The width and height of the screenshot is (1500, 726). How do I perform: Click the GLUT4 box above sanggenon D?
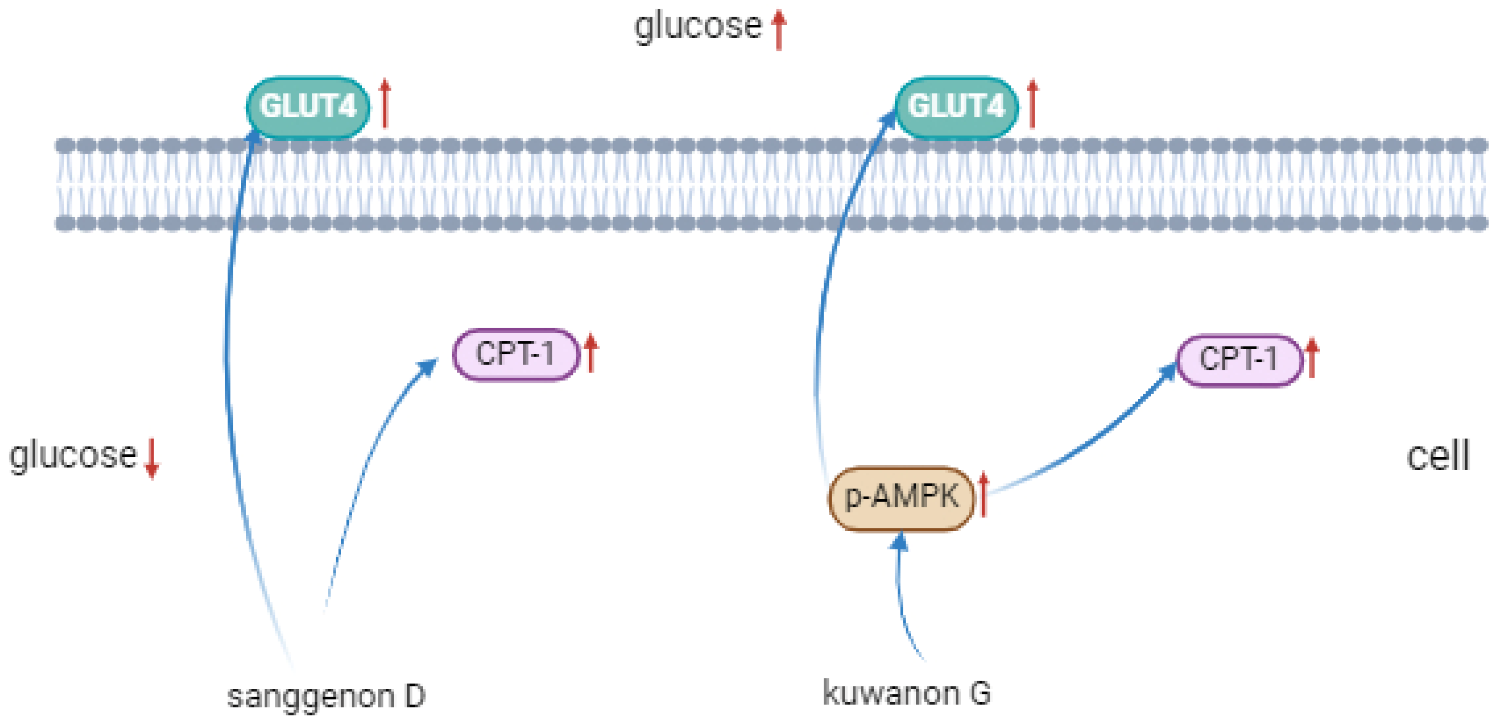tap(308, 107)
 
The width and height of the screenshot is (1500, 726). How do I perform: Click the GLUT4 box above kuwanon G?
tap(956, 107)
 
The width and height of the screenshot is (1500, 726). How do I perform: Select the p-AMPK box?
tap(901, 498)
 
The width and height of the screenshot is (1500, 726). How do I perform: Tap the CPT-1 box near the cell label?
tap(1239, 359)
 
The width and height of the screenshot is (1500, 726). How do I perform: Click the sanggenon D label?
tap(326, 696)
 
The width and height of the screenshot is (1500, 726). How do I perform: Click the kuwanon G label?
tap(907, 693)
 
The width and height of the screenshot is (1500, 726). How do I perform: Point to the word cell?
tap(1438, 456)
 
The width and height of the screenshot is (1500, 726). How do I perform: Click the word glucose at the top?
tap(697, 27)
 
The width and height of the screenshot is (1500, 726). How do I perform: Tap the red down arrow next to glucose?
tap(152, 458)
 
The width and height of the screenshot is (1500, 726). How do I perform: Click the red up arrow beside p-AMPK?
tap(984, 495)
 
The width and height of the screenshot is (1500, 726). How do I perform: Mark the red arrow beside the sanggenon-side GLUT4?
tap(384, 104)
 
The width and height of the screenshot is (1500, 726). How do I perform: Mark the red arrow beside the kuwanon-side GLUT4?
tap(1032, 104)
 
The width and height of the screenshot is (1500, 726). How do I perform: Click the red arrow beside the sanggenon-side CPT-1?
tap(591, 353)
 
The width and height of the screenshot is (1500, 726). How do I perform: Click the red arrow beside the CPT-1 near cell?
tap(1312, 357)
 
